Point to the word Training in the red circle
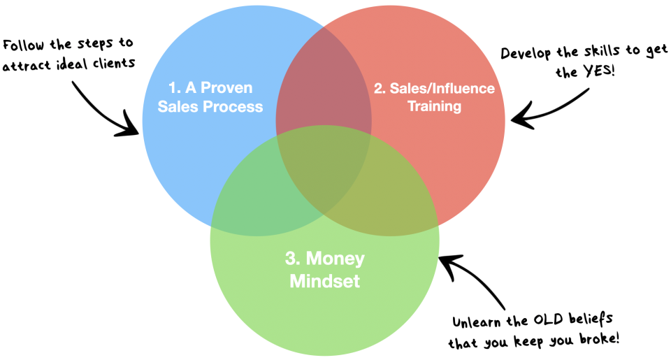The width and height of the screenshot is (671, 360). point(434,106)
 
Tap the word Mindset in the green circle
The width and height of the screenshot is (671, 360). point(324,281)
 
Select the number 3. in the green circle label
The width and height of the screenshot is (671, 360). point(292,259)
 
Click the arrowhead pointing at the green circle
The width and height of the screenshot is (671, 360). point(445,261)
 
